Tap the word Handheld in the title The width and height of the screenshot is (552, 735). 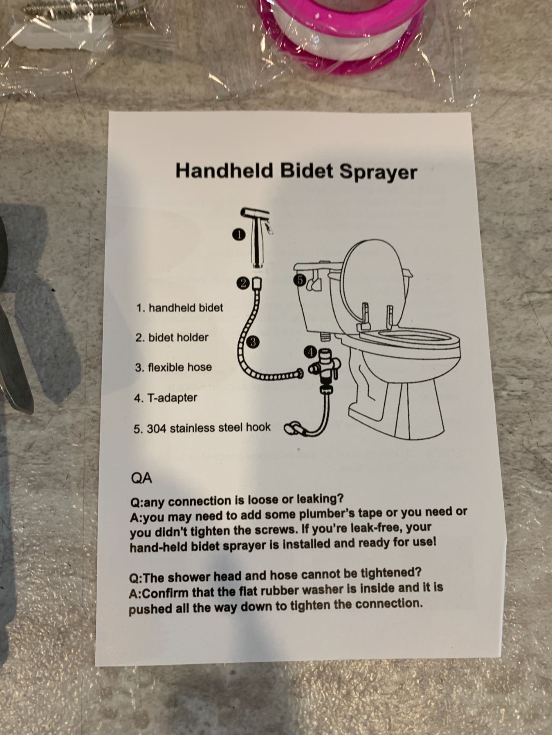click(224, 169)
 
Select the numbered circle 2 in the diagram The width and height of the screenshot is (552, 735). click(243, 284)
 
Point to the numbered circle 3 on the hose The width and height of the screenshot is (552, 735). click(254, 342)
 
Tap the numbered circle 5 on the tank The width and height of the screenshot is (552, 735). click(300, 281)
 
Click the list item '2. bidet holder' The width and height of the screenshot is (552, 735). click(172, 338)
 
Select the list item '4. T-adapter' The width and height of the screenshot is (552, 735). click(166, 398)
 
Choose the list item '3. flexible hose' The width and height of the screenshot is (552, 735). click(173, 367)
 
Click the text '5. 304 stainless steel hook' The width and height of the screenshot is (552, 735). click(202, 428)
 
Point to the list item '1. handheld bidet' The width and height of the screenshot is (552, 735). click(180, 307)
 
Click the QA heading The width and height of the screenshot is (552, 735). click(141, 478)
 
